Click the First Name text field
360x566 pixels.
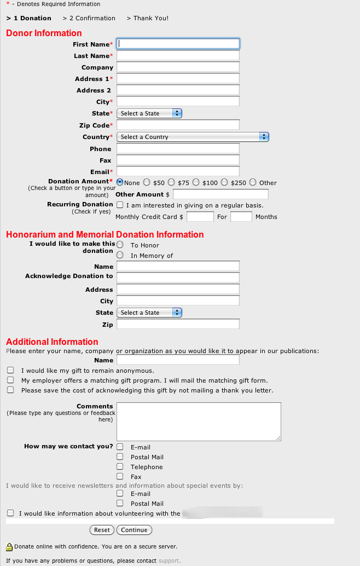pyautogui.click(x=178, y=44)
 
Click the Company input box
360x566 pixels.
pyautogui.click(x=178, y=67)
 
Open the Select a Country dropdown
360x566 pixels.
pyautogui.click(x=193, y=137)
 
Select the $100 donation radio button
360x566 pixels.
pyautogui.click(x=196, y=182)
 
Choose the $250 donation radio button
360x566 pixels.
pyautogui.click(x=224, y=182)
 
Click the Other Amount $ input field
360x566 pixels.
pyautogui.click(x=220, y=194)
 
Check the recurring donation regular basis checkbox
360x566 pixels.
pyautogui.click(x=120, y=205)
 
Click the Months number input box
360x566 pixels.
pyautogui.click(x=241, y=217)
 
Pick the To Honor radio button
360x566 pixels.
pyautogui.click(x=120, y=245)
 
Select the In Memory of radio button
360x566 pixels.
pyautogui.click(x=120, y=255)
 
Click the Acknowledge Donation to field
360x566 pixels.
pyautogui.click(x=178, y=277)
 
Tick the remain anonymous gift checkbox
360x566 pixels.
pyautogui.click(x=10, y=371)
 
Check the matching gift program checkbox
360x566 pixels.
pyautogui.click(x=10, y=380)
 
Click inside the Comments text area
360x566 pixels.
pyautogui.click(x=199, y=421)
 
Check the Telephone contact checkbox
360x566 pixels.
pyautogui.click(x=120, y=466)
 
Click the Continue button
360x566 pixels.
pyautogui.click(x=134, y=530)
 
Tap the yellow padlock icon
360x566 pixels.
pyautogui.click(x=9, y=546)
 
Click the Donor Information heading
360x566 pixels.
pyautogui.click(x=44, y=33)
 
